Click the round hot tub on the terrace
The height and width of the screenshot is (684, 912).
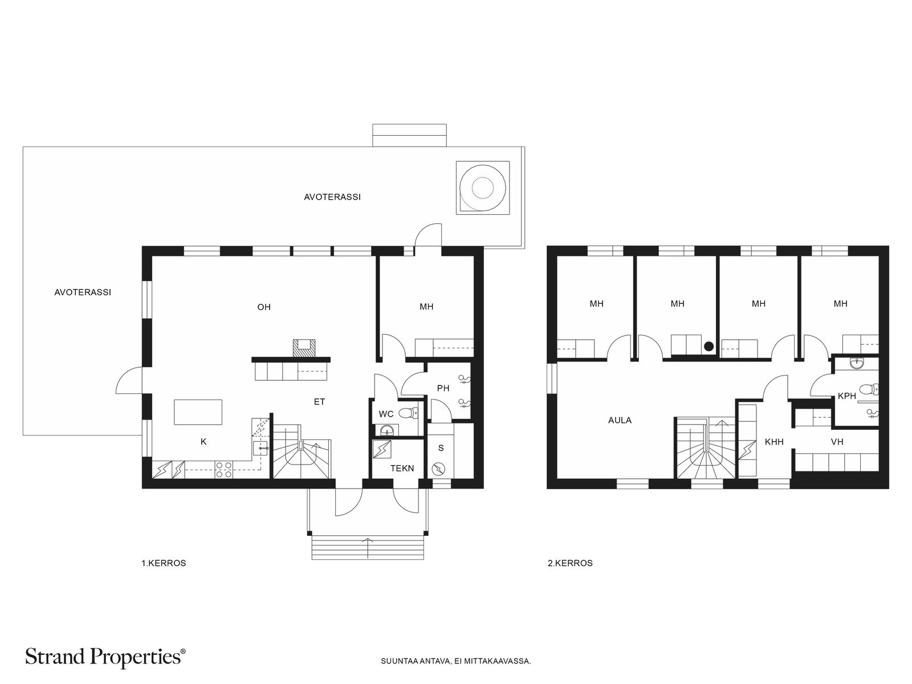point(482,188)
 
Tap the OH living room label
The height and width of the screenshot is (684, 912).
point(264,307)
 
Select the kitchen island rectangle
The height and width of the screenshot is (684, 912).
point(198,412)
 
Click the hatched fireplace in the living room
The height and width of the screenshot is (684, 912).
point(304,348)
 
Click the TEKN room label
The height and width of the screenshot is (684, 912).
point(402,468)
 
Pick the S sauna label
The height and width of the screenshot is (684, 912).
point(441,447)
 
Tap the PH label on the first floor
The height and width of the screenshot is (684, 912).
point(443,388)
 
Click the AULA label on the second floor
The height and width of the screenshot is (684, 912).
point(620,420)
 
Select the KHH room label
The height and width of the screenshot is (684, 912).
point(774,441)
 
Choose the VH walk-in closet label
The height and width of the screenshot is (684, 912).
point(837,441)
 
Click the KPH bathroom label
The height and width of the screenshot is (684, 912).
point(846,396)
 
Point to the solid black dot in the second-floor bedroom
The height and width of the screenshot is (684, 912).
point(709,346)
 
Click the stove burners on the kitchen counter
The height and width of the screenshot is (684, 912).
point(223,469)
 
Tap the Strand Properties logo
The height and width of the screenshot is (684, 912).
point(105,657)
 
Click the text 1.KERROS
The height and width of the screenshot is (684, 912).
point(164,563)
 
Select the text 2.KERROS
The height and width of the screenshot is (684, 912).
point(570,563)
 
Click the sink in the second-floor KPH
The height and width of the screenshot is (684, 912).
point(857,364)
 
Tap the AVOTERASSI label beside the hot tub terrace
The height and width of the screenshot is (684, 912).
point(332,197)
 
